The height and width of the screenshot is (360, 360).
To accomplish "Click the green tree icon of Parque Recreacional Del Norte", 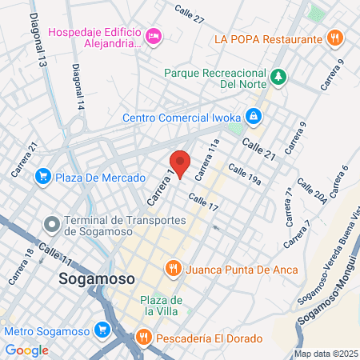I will coord(278,77).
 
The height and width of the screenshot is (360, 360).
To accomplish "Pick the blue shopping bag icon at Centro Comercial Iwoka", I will coord(253,117).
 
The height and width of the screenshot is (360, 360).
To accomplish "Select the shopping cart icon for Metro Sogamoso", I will coord(102,330).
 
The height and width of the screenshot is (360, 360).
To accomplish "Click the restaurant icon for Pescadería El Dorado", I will coord(143,338).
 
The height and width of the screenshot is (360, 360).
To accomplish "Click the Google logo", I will coord(27,350).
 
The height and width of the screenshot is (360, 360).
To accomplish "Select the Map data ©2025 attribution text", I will coord(324,353).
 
